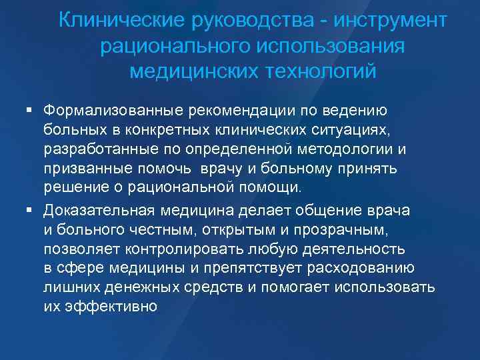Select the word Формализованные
[x=114, y=109]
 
